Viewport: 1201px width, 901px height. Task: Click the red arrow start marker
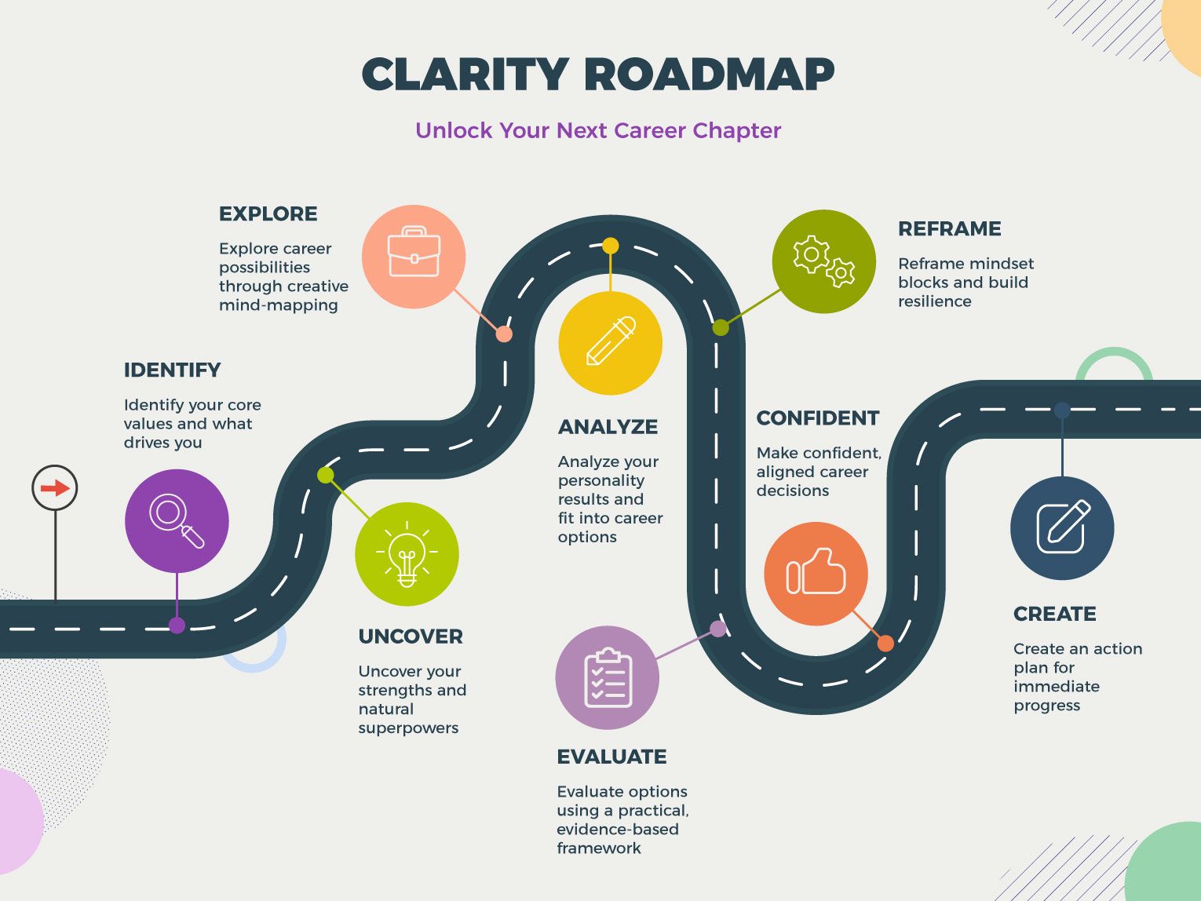55,488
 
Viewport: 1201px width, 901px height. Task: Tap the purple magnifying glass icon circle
177,520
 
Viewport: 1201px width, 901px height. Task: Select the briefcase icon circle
414,257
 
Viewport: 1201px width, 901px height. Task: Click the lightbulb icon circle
407,554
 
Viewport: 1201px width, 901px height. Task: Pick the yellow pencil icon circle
610,343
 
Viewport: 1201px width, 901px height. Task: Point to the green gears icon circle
823,261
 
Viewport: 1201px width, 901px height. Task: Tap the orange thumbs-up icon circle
816,574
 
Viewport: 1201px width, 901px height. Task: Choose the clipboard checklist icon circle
607,677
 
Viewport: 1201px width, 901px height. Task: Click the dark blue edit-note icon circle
1062,528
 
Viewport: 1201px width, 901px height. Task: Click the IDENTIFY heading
172,370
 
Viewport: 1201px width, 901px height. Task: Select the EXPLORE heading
268,213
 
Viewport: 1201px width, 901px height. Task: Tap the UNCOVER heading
410,637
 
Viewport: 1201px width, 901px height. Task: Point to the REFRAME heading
949,228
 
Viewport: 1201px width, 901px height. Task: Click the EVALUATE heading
611,757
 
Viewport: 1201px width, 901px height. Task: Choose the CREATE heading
1054,614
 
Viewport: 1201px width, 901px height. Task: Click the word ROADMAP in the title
709,75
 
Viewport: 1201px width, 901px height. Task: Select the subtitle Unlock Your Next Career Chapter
598,130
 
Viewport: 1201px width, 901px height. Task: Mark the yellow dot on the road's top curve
610,246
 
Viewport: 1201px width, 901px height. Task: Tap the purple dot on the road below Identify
177,626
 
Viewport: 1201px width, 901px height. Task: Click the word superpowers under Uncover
408,728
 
